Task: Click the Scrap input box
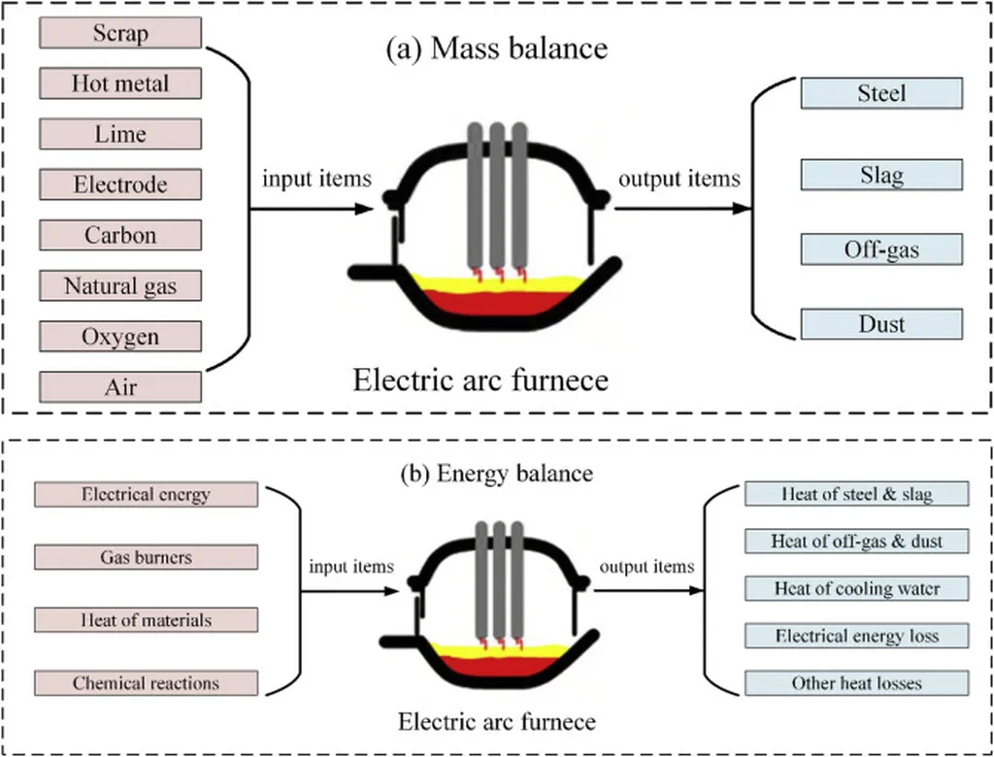pyautogui.click(x=120, y=33)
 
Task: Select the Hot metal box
pyautogui.click(x=120, y=83)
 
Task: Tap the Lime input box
pyautogui.click(x=120, y=134)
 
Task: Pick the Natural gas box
pyautogui.click(x=120, y=286)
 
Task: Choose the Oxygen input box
pyautogui.click(x=120, y=337)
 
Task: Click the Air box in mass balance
pyautogui.click(x=120, y=387)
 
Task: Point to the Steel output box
pyautogui.click(x=881, y=93)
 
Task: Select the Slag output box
pyautogui.click(x=881, y=175)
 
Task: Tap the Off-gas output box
pyautogui.click(x=881, y=249)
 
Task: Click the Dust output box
pyautogui.click(x=881, y=323)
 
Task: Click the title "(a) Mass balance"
pyautogui.click(x=497, y=48)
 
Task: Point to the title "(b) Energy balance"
pyautogui.click(x=497, y=474)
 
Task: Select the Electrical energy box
pyautogui.click(x=146, y=494)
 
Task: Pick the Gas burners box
pyautogui.click(x=146, y=557)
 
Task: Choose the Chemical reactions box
pyautogui.click(x=146, y=683)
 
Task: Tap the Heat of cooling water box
pyautogui.click(x=857, y=588)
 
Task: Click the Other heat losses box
pyautogui.click(x=857, y=683)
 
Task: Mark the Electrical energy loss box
pyautogui.click(x=857, y=637)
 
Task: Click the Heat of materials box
pyautogui.click(x=146, y=619)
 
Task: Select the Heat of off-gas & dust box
pyautogui.click(x=857, y=541)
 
